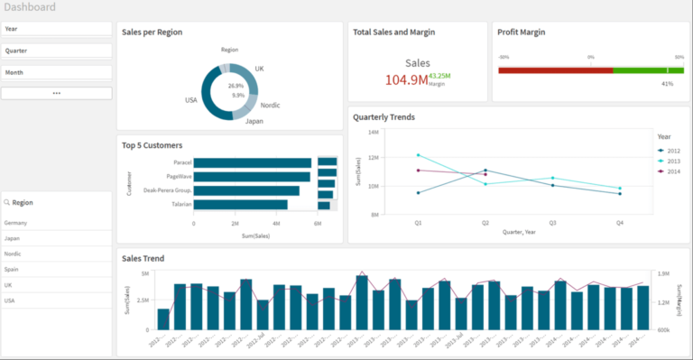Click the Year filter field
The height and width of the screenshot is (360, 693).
point(56,29)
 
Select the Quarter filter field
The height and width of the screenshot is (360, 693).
point(56,51)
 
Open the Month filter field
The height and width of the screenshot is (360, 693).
point(56,72)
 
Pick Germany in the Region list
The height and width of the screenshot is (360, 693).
point(16,223)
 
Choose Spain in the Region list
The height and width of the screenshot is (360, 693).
point(13,270)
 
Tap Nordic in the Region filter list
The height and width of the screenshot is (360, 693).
point(14,254)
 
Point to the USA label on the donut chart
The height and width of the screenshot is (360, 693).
point(190,100)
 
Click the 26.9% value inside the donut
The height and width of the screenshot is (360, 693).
point(236,86)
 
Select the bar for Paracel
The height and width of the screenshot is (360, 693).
point(253,162)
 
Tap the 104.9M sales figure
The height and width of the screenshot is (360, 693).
point(406,80)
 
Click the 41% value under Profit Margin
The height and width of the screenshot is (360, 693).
point(667,84)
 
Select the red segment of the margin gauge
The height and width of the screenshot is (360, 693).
point(555,69)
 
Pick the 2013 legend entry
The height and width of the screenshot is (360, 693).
point(672,160)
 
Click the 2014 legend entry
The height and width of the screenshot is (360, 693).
point(672,171)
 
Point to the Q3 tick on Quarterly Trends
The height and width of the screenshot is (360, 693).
point(552,221)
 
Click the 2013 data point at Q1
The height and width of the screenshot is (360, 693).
point(418,155)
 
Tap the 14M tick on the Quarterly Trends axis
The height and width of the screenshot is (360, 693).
point(373,132)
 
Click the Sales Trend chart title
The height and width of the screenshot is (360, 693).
point(143,259)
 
